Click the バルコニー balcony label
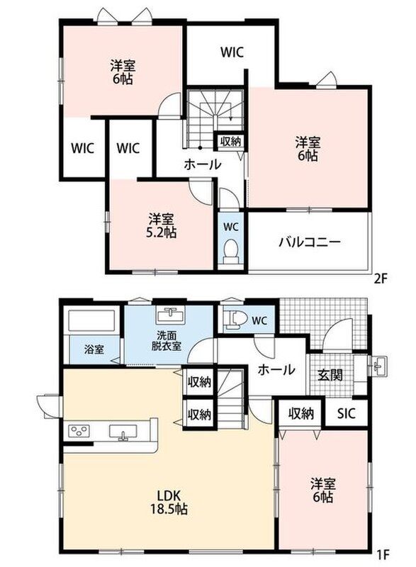tap(310, 241)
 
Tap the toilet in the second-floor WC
tap(230, 252)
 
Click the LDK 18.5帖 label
tap(169, 502)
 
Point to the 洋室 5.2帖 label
tap(161, 225)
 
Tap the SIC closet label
tap(347, 413)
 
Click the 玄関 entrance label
tap(330, 375)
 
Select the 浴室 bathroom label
tap(94, 349)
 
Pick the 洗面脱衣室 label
tap(167, 341)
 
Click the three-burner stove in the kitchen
tap(79, 431)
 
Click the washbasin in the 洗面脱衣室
tap(170, 315)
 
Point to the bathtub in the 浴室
tap(91, 321)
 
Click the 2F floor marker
tap(381, 279)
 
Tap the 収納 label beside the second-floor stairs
tap(230, 141)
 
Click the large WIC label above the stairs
tap(232, 52)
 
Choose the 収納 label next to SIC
tap(300, 413)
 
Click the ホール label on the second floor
tap(203, 164)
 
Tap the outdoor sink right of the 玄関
tap(378, 366)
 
